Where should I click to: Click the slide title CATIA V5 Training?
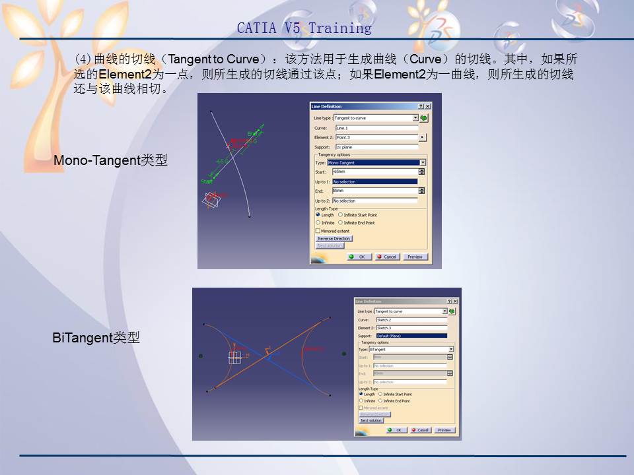tap(304, 28)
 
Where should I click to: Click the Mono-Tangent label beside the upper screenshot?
tap(110, 160)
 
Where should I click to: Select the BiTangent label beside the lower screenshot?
tap(96, 338)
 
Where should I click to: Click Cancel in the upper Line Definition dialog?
tap(387, 257)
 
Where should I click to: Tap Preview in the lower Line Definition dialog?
tap(444, 430)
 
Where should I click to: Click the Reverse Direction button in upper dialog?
tap(334, 238)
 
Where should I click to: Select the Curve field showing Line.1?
tap(376, 128)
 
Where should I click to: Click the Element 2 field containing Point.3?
tap(376, 137)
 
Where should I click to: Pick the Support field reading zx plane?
tap(376, 147)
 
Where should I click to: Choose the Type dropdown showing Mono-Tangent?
tap(376, 162)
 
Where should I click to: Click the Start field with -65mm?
tap(374, 172)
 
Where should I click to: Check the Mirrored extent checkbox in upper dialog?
tap(318, 231)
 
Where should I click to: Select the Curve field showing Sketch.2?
tap(411, 319)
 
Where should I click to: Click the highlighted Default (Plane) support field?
tap(411, 336)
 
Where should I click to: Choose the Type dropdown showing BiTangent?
tap(411, 349)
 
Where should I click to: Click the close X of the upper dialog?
tap(427, 106)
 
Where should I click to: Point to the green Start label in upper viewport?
tap(207, 181)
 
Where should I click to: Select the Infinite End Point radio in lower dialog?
tap(380, 400)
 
